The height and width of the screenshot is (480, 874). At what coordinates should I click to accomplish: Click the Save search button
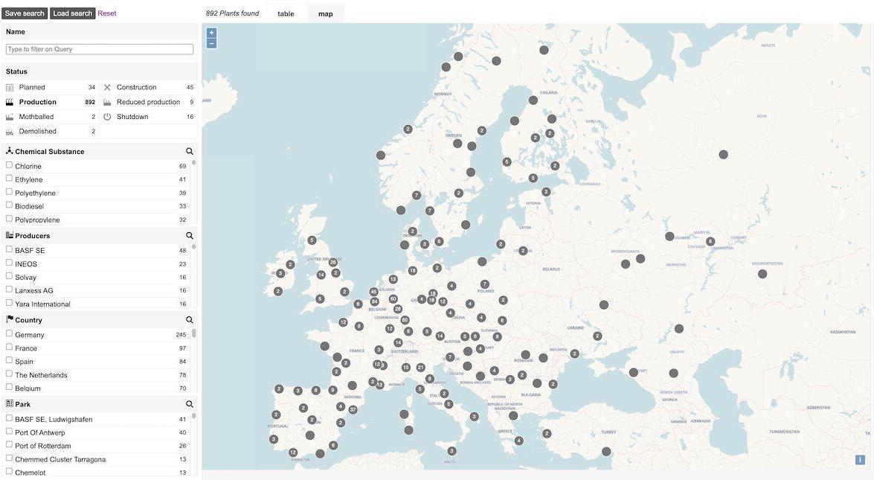tap(25, 13)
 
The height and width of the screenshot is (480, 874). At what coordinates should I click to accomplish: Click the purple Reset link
tap(107, 13)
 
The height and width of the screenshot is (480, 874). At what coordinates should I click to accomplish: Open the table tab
tap(286, 13)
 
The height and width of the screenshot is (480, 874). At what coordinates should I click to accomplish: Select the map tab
tap(326, 13)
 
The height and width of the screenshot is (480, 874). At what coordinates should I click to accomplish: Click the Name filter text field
tap(100, 49)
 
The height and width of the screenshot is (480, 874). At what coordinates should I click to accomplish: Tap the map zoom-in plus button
tap(211, 33)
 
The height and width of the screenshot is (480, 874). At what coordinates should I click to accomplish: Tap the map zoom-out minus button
tap(211, 43)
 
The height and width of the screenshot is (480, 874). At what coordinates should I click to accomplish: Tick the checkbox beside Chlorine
tap(9, 165)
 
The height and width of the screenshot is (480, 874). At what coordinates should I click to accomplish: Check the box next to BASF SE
tap(9, 249)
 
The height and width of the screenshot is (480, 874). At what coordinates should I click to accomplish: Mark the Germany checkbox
tap(9, 333)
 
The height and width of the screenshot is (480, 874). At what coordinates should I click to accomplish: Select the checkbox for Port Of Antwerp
tap(9, 431)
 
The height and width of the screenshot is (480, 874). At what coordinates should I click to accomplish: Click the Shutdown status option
tap(132, 117)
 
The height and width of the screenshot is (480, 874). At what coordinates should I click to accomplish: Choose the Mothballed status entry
tap(36, 117)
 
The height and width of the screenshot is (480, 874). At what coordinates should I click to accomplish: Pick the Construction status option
tap(136, 87)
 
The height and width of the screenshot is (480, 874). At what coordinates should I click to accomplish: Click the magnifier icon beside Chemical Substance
tap(190, 152)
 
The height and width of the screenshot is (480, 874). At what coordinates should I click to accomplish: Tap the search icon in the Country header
tap(190, 320)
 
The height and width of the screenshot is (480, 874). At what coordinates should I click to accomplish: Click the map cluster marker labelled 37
tap(353, 409)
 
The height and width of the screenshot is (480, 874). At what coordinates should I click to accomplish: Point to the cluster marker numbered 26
tap(333, 262)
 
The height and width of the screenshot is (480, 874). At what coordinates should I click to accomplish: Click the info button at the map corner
tap(860, 460)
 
